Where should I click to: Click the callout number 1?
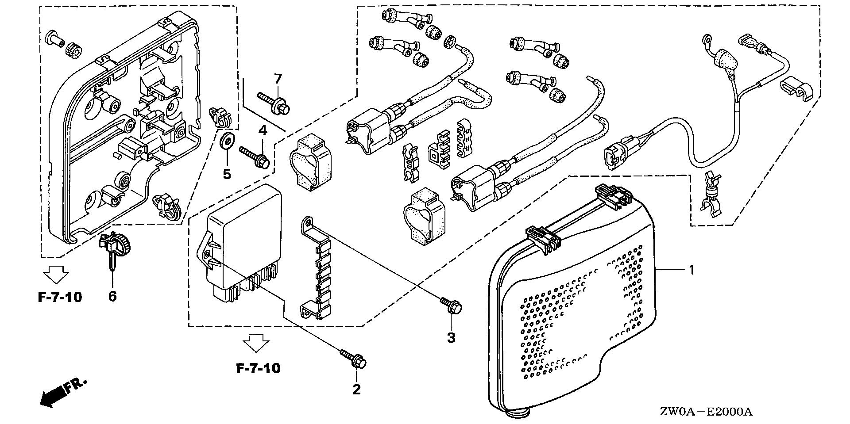coord(691,270)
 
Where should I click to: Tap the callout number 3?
coord(451,338)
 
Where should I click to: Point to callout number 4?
coord(263,130)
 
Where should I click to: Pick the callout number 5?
coord(227,174)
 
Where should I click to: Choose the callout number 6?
coord(112,296)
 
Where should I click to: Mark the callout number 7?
coord(278,79)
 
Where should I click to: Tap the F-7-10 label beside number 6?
coord(59,297)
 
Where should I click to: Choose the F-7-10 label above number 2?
coord(258,368)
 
